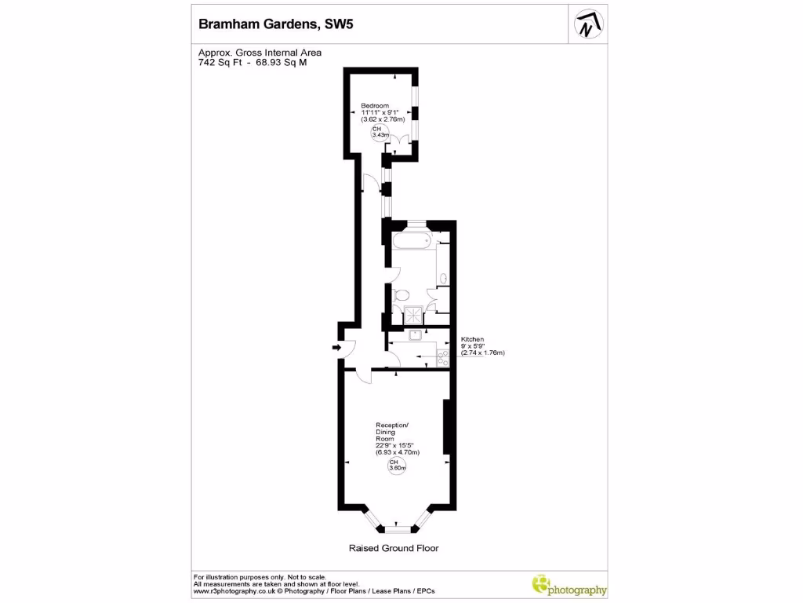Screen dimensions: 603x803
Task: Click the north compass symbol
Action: (587, 25)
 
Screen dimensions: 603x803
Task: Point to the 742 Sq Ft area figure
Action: (221, 63)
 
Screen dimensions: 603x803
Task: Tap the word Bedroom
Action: (374, 105)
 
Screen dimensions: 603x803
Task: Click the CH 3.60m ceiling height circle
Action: (398, 466)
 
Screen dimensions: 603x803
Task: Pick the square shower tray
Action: (411, 315)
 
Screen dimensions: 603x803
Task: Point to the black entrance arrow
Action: (336, 347)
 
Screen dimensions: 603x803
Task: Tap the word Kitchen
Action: (472, 339)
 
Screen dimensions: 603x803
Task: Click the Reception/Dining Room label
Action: (392, 433)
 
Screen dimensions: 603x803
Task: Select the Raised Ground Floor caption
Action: (394, 548)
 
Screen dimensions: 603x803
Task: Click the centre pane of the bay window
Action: (398, 527)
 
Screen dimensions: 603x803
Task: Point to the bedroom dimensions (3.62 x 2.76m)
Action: (383, 119)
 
